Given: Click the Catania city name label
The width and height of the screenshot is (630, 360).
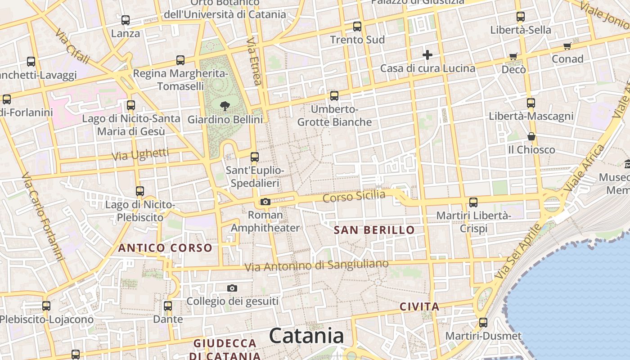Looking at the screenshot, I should point(306,336).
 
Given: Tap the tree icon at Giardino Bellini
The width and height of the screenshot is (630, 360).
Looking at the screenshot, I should point(225,106).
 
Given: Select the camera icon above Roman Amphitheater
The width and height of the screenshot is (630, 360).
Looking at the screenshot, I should point(265,202).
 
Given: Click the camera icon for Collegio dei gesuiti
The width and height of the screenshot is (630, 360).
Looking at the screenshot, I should point(232,288).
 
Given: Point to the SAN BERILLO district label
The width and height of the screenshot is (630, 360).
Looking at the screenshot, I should point(374,230).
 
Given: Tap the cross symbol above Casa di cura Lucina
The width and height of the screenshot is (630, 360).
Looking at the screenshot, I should point(427,55).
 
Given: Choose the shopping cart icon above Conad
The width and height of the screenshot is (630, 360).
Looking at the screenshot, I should point(567,46).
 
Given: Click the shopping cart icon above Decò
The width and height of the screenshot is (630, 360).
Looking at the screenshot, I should point(513,56).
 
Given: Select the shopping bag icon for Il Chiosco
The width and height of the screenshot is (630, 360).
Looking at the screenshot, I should point(531,136).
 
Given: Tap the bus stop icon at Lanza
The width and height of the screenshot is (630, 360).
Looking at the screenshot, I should point(126,20).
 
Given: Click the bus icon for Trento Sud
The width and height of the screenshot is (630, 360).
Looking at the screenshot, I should point(357,26).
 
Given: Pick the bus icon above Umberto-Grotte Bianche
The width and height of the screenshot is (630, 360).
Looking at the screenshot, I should point(334,96).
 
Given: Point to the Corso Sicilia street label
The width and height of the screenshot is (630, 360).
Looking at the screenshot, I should point(354,196).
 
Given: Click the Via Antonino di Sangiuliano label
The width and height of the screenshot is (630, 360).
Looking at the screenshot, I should point(316,265).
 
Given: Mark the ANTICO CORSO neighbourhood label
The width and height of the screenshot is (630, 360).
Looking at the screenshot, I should point(165,247).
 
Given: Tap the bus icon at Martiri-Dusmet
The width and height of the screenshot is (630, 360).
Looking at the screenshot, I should point(483,323).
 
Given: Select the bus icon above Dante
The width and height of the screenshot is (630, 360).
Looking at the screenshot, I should point(168,306).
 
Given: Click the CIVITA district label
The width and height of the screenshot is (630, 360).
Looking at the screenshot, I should point(419,307).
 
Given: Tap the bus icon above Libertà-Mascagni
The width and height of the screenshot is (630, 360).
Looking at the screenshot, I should point(531,103).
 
